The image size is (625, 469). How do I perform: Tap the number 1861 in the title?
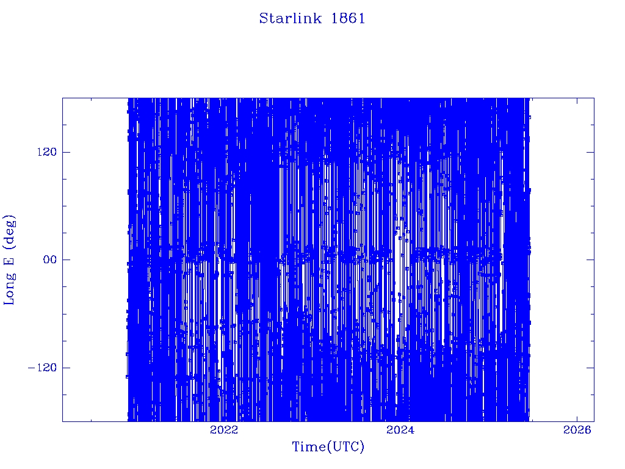click(x=348, y=18)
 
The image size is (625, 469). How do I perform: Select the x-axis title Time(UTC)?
click(x=328, y=446)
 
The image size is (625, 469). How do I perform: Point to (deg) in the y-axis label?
click(x=10, y=231)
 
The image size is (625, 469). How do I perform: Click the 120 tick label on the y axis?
click(x=47, y=152)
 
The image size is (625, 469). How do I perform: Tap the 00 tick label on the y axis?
click(x=50, y=260)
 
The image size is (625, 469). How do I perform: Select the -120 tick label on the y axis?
click(x=42, y=368)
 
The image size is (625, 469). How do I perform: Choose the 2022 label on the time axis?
click(x=223, y=429)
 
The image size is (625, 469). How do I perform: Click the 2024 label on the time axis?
click(x=400, y=429)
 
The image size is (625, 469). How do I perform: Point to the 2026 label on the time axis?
click(x=577, y=429)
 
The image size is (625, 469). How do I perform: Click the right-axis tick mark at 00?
click(x=590, y=260)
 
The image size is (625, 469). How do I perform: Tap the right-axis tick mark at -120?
click(x=590, y=368)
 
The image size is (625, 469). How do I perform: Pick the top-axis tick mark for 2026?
click(x=577, y=101)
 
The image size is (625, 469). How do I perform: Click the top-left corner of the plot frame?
click(x=63, y=98)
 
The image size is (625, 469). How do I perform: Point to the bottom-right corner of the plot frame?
click(x=594, y=421)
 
